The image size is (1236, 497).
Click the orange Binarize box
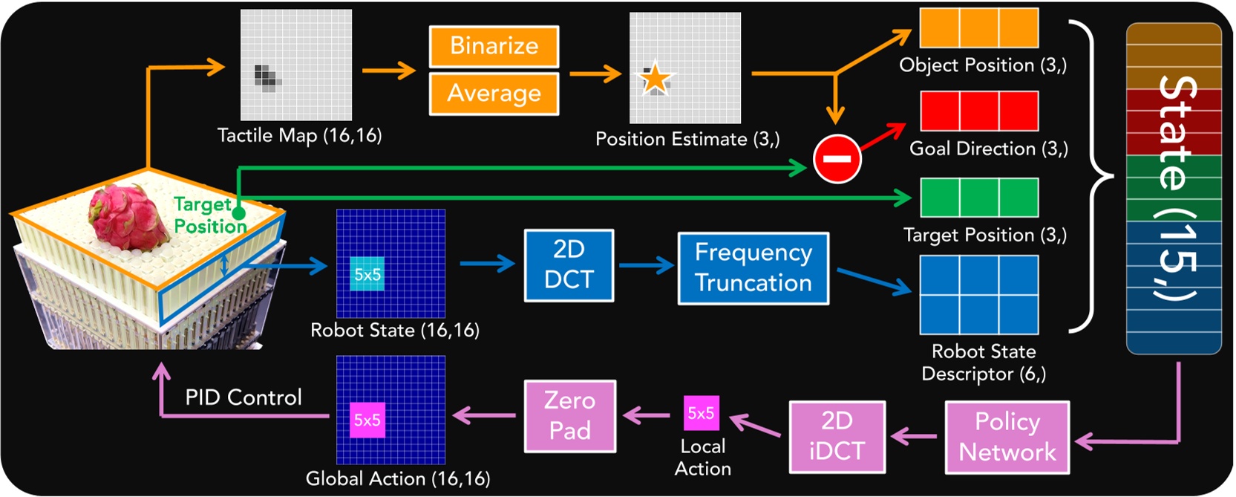point(494,47)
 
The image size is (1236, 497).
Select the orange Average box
point(494,94)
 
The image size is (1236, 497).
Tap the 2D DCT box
point(569,265)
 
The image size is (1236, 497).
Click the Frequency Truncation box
point(753,268)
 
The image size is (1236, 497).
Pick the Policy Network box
point(1007,437)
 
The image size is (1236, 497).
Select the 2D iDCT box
point(837,436)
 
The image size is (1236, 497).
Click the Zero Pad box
point(569,416)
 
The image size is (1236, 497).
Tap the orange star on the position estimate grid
point(655,79)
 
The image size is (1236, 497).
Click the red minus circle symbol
point(837,158)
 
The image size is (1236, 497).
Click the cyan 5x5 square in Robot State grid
point(367,274)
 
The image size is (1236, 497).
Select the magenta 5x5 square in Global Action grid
point(367,420)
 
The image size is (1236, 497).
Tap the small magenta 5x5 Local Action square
point(701,413)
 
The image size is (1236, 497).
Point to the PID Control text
point(243,397)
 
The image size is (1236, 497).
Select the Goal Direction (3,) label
point(988,149)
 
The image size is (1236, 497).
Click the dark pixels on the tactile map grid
point(266,76)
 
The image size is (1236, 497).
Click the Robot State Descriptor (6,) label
point(984,363)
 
